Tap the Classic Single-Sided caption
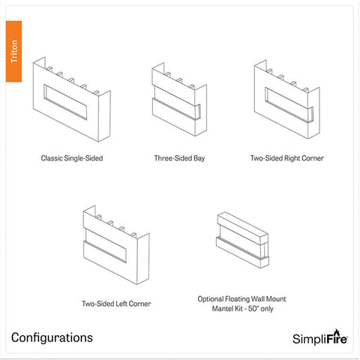[72, 159]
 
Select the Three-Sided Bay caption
[179, 159]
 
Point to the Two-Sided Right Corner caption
[287, 159]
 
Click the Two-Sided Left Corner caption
[116, 304]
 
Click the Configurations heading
[52, 337]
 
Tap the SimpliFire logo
[316, 338]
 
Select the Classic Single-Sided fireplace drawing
[71, 101]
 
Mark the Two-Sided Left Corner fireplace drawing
[114, 246]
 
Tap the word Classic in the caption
[51, 159]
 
